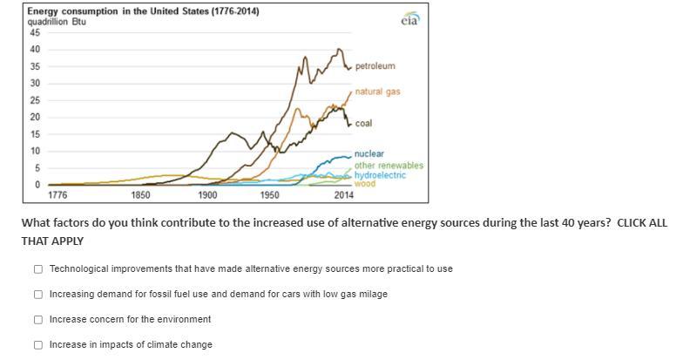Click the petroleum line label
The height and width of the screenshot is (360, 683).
tap(375, 66)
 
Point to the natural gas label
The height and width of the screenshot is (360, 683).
tap(377, 92)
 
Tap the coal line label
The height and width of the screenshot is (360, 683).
tap(363, 124)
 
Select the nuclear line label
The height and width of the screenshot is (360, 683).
tap(369, 154)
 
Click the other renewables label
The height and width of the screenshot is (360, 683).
tap(389, 166)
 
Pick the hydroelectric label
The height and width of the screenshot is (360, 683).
tap(380, 175)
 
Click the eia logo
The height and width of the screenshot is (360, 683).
tap(410, 20)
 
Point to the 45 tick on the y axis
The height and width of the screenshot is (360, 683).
tap(35, 32)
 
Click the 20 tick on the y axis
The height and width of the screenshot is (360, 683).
tap(35, 117)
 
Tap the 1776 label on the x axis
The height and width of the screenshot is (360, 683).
tap(58, 195)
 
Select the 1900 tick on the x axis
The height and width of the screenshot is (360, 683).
tap(207, 195)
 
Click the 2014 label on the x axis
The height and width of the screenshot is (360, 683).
tap(343, 195)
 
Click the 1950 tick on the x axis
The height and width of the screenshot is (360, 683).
tap(270, 195)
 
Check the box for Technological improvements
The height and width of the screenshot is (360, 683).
tap(38, 268)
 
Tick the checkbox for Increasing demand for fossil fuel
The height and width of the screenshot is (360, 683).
tap(38, 294)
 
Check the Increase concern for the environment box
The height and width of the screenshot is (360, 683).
tap(38, 319)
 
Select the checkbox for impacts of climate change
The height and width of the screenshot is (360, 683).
tap(38, 344)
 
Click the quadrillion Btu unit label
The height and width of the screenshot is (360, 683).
tap(56, 21)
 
